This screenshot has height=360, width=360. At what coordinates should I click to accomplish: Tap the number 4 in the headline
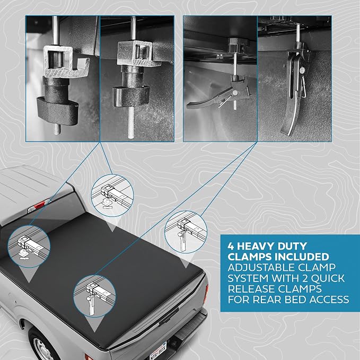[231, 247]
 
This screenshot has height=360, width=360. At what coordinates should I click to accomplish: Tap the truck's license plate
[159, 352]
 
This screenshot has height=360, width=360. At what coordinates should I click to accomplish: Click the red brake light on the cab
[39, 205]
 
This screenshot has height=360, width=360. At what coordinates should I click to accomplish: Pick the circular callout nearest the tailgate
[94, 296]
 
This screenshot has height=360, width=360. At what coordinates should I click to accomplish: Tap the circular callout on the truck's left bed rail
[29, 247]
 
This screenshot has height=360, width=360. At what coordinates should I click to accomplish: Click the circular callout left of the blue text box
[186, 232]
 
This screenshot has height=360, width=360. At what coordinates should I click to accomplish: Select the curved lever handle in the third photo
[202, 102]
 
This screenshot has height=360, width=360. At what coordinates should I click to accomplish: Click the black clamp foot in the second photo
[131, 96]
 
